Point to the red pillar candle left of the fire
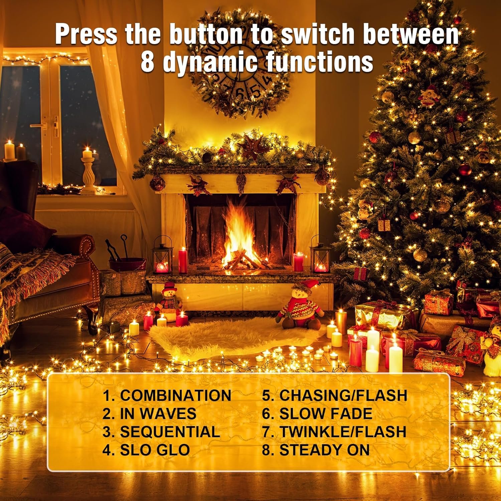coord(183,261)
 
